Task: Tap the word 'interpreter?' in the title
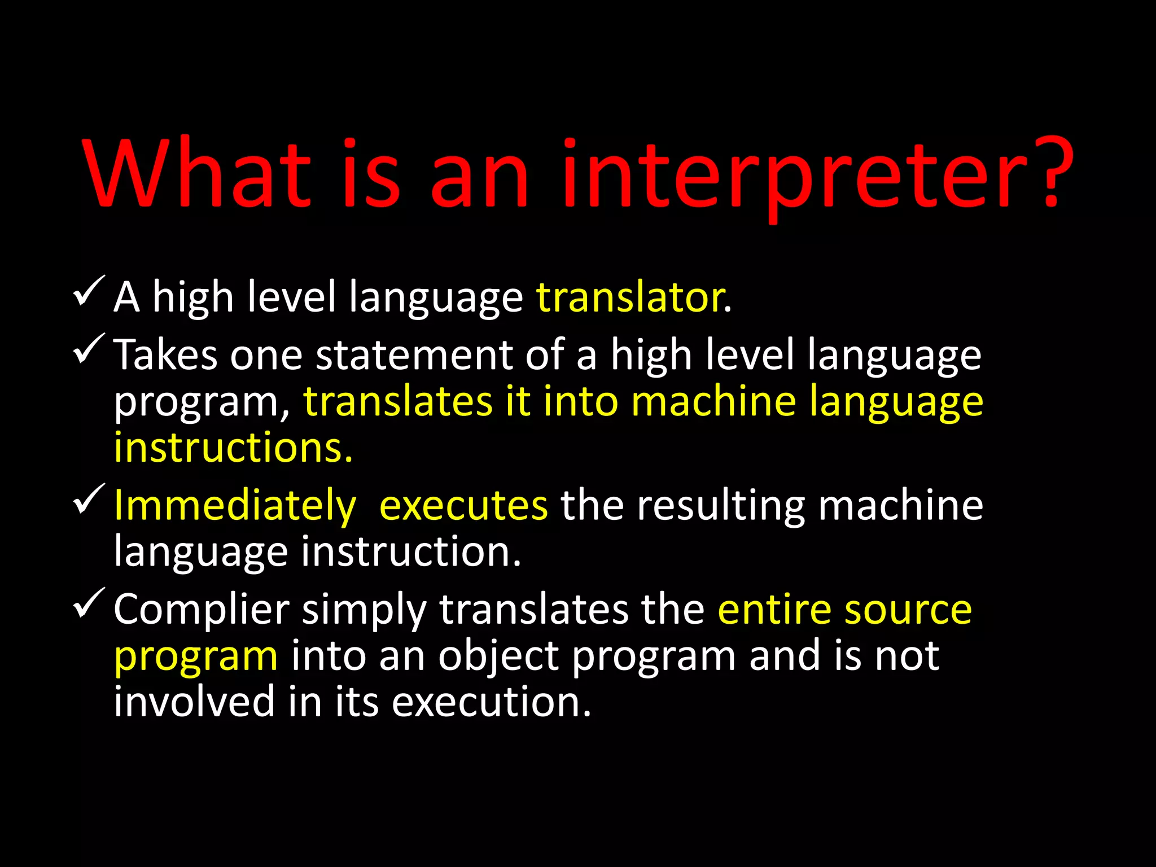tap(817, 175)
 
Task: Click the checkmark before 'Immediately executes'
tap(89, 499)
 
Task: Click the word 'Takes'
tap(165, 355)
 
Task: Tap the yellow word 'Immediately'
tap(235, 506)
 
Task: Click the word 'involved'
tap(194, 702)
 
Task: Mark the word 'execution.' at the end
tap(491, 702)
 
